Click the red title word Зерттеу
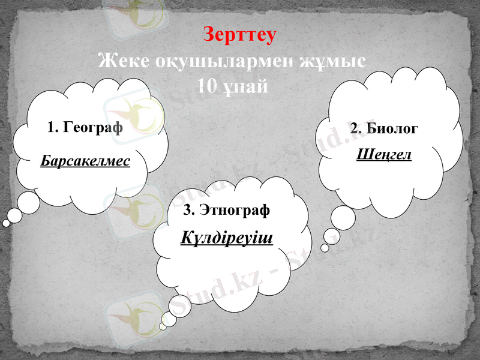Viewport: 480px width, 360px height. pos(240,34)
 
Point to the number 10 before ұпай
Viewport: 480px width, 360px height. pos(208,86)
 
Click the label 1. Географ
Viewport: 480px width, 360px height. pos(85,127)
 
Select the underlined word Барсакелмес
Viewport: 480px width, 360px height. pos(85,161)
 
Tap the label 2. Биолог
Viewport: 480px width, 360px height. pos(384,128)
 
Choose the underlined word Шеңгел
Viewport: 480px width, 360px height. pos(384,154)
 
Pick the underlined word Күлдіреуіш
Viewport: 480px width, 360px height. pos(227,239)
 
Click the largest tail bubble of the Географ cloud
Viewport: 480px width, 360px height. pos(28,203)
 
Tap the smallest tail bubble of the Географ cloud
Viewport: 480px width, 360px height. pos(6,223)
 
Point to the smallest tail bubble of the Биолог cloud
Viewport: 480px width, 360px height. pos(325,247)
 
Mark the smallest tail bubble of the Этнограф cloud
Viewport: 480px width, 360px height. pos(162,327)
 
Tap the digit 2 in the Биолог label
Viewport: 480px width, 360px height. pos(354,128)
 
